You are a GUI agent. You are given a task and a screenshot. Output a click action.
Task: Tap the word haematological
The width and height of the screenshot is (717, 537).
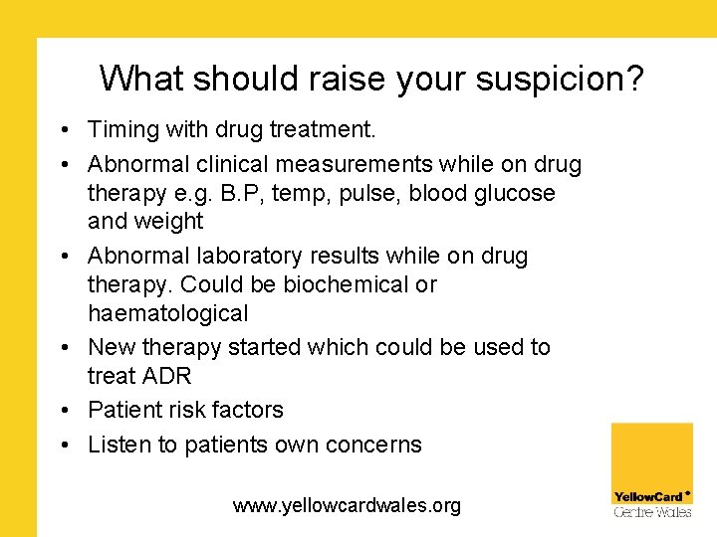(167, 313)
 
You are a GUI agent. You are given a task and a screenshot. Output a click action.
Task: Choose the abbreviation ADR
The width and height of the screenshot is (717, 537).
(164, 376)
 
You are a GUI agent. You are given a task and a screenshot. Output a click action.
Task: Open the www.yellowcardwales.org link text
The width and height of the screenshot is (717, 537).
(347, 505)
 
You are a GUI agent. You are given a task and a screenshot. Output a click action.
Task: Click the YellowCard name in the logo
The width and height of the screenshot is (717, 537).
(648, 496)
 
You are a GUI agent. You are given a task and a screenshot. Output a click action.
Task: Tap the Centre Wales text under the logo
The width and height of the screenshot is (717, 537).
(652, 512)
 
